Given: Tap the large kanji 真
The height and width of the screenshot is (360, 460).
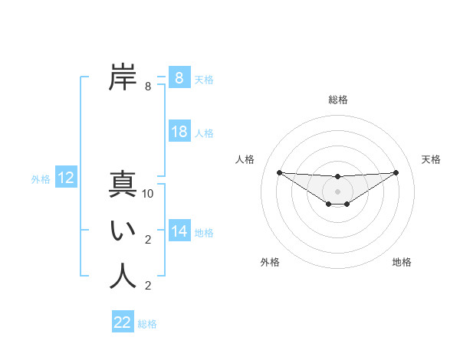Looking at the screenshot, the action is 123,184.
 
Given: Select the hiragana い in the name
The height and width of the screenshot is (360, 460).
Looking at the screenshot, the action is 123,231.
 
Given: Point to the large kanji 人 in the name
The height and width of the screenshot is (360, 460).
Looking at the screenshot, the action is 123,277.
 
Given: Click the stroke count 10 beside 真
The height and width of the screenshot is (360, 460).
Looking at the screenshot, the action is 148,195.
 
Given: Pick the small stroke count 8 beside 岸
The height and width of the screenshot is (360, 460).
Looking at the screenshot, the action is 148,87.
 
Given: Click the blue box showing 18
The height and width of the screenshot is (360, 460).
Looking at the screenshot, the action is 179,132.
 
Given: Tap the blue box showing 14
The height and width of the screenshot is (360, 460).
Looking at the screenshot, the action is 179,231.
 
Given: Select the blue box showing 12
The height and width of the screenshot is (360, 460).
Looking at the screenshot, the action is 66,178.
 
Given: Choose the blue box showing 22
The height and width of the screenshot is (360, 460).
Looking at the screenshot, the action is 123,322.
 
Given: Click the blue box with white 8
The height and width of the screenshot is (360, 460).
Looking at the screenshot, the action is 179,78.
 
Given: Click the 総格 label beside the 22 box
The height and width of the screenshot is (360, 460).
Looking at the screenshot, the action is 147,324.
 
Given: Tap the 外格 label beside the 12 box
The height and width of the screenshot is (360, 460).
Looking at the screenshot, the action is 41,179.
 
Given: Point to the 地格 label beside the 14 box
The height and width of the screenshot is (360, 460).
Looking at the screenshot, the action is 204,232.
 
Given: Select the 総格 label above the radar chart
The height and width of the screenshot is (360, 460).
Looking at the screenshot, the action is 337,100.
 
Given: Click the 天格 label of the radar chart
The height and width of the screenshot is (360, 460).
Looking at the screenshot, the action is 431,159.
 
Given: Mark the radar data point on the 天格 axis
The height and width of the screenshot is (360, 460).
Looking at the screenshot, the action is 396,172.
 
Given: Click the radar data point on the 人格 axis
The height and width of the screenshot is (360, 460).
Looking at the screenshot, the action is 279,172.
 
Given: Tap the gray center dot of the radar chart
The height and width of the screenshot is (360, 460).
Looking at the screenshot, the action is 337,191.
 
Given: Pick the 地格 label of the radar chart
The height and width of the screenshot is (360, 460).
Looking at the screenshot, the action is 402,262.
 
